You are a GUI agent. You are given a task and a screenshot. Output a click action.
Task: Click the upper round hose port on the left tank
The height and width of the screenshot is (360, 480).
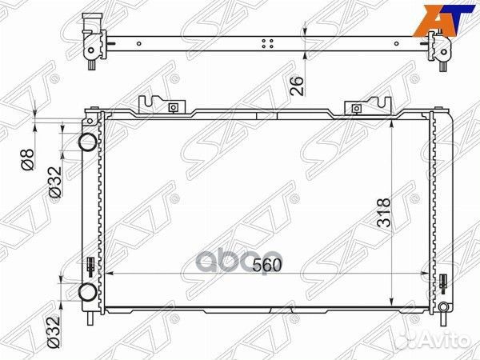pos(86,143)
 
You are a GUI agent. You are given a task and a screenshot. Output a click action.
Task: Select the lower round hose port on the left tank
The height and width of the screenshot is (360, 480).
pos(86,292)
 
